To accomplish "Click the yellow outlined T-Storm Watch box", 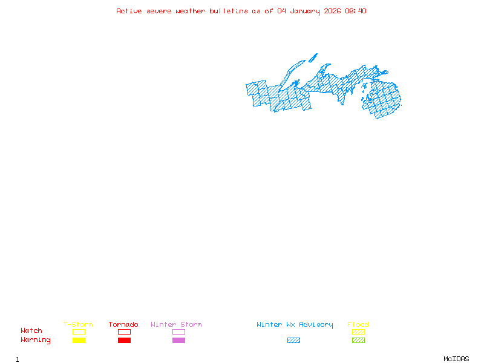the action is (x=79, y=332).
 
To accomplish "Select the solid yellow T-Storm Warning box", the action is (x=79, y=341).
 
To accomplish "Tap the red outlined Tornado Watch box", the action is (x=124, y=332).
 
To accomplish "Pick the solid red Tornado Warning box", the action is (x=124, y=341).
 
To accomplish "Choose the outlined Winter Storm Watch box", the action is (x=178, y=332).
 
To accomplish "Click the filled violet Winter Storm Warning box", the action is (x=178, y=341).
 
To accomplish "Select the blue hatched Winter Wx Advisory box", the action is (x=293, y=341).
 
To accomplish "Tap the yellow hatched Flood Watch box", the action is (x=358, y=332).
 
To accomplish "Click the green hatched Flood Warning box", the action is (x=358, y=341).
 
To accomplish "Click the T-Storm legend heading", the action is (x=78, y=325).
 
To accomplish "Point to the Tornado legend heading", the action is (x=123, y=325).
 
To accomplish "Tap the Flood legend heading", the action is (x=358, y=325).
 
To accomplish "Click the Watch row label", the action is (x=31, y=331).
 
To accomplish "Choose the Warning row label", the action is (x=36, y=340).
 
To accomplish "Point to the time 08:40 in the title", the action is (x=356, y=11).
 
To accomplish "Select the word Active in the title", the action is (x=129, y=11).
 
